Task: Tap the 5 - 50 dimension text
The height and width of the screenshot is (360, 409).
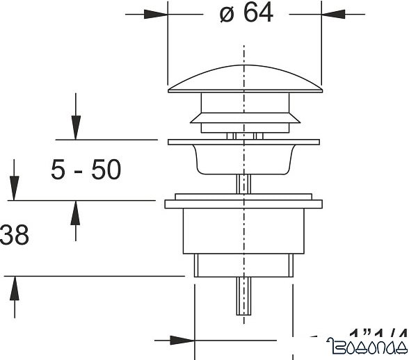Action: click(x=86, y=170)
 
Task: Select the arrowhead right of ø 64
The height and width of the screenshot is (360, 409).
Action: click(x=333, y=15)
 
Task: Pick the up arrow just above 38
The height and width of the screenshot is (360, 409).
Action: click(x=76, y=212)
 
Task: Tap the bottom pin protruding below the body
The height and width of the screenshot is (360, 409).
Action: click(x=243, y=295)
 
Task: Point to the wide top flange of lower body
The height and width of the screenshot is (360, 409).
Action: click(x=243, y=204)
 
